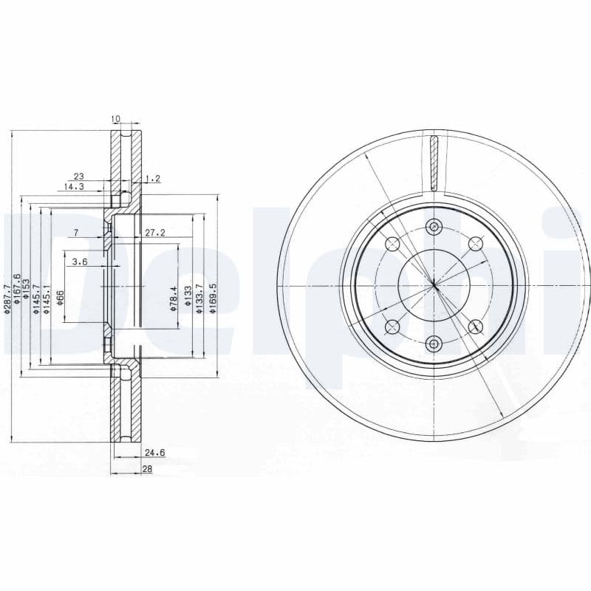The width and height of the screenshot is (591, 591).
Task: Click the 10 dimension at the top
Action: pos(115,119)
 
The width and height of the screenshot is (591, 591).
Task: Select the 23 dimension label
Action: pos(78,176)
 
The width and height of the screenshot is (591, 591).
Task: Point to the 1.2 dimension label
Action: pos(153,179)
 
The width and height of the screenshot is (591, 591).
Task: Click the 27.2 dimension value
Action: pos(155,233)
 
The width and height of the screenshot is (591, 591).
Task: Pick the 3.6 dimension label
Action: pos(80,262)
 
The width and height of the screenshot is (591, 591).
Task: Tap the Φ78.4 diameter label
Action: pos(174,298)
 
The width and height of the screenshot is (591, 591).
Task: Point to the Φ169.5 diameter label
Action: pos(213,299)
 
